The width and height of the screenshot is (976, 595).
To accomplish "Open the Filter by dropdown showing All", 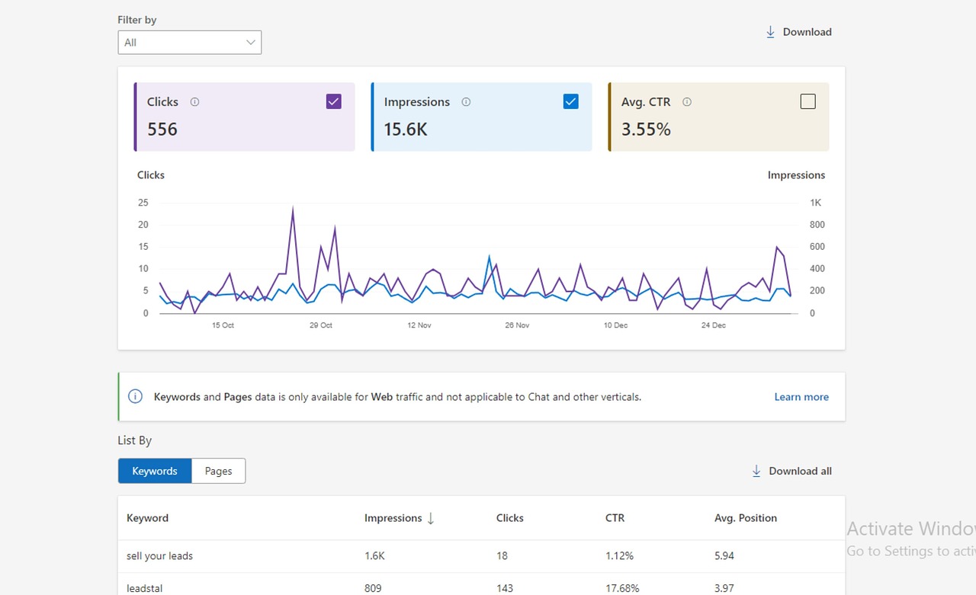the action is pos(190,42).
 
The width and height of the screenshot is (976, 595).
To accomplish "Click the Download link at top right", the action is pos(798,32).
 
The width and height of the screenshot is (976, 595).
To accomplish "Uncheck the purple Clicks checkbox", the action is pos(334,101).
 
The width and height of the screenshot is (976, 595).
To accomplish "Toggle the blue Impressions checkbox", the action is pos(571,101).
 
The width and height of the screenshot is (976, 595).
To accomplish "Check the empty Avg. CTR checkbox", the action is pos(807,101).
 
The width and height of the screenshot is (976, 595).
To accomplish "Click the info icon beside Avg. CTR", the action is pos(687,102).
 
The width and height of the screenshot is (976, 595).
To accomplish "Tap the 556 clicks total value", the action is pos(162,130).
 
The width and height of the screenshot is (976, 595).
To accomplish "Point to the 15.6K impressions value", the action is pos(405,130).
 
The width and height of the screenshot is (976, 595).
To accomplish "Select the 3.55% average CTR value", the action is pos(646,130).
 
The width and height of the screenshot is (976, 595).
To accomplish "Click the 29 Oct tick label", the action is pos(321,325).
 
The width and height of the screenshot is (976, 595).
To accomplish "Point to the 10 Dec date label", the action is pos(615,325).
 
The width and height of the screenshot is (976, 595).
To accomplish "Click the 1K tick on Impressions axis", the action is pos(815,203).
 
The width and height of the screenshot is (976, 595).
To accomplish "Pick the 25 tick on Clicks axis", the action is pos(143,203).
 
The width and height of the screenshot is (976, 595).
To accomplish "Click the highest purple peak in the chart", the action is pos(293,207).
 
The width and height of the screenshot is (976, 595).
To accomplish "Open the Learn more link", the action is pos(801,397).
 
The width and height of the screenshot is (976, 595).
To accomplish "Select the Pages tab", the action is pos(218,471).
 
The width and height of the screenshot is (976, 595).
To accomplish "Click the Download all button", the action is pos(791,471).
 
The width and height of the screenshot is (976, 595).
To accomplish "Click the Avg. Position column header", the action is pos(746,518).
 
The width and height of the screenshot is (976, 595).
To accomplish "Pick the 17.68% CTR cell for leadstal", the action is pos(622,588).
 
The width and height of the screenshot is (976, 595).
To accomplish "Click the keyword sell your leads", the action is pos(159,556).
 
